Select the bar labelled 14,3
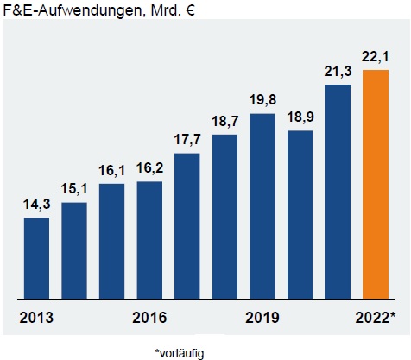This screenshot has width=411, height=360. [x=36, y=257]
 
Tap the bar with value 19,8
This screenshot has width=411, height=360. [x=262, y=205]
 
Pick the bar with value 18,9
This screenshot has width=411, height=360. [x=300, y=213]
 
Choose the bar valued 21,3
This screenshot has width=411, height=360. [x=338, y=190]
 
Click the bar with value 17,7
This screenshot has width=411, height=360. [x=187, y=224]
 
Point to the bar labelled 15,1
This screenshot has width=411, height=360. [x=74, y=249]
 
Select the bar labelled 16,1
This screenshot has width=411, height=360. [x=111, y=240]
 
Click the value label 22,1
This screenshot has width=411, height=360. [x=376, y=56]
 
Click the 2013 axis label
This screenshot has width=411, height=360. [x=36, y=317]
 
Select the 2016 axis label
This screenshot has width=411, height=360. [x=149, y=317]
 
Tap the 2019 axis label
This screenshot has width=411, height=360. [x=262, y=317]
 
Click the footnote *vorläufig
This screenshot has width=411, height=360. [x=182, y=352]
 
